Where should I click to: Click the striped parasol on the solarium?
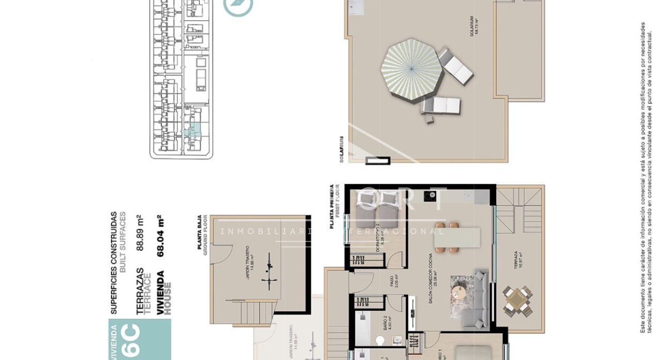pos(411,70)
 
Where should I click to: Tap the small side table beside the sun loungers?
pos(429,120)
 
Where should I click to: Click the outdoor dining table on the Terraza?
pos(517,301)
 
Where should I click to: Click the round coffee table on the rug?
pos(458,292)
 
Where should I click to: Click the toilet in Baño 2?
pos(380,341)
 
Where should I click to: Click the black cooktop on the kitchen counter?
pos(429,195)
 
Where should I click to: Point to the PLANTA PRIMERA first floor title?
pos(332,207)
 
